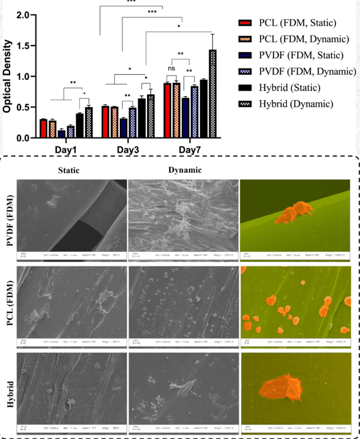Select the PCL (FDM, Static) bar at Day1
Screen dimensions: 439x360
click(43, 129)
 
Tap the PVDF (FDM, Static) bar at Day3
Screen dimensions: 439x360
click(123, 128)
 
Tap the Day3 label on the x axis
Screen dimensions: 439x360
click(127, 148)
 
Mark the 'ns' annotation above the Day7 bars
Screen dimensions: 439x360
click(172, 69)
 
